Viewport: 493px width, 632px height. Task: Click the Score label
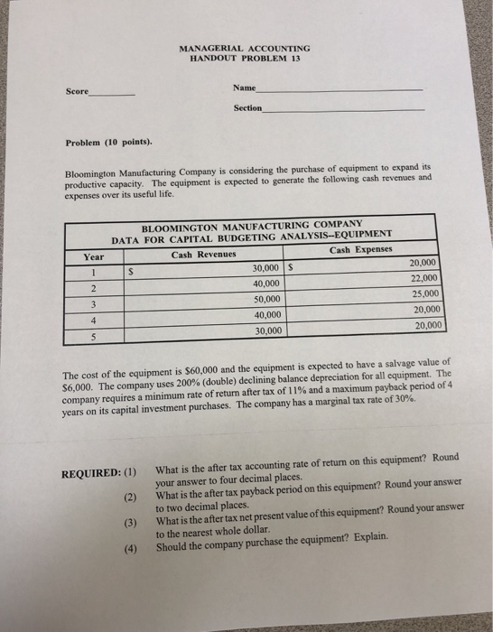78,91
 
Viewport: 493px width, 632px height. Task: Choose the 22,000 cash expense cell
423,279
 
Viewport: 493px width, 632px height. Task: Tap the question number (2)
132,496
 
